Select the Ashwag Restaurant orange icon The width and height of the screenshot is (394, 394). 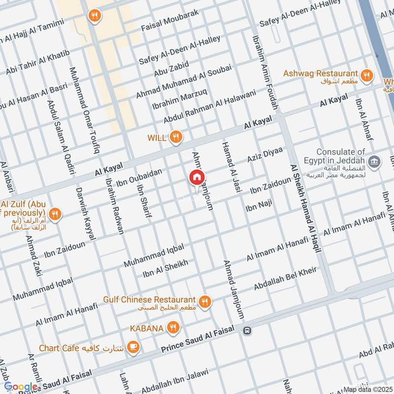[365, 75]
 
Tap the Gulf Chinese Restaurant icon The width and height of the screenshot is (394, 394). [205, 300]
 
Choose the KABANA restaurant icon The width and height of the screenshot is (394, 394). [172, 327]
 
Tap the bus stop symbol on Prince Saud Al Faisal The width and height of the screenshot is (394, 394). [247, 330]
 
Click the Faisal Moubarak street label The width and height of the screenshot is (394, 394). [169, 20]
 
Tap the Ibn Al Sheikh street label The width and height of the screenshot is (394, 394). [165, 269]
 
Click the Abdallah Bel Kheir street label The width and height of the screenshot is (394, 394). [285, 278]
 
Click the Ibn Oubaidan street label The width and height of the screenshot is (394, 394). [140, 178]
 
